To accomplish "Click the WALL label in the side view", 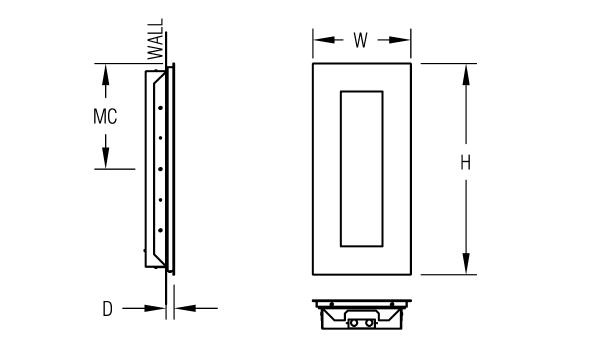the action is point(156,39).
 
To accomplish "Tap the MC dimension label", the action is point(105,116).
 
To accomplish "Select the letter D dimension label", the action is point(108,309).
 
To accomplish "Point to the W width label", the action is point(360,40).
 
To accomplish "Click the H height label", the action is point(465,163).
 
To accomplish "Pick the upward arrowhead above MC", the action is point(106,76).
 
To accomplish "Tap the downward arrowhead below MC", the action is point(106,157).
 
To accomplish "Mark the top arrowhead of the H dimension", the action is point(466,75).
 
